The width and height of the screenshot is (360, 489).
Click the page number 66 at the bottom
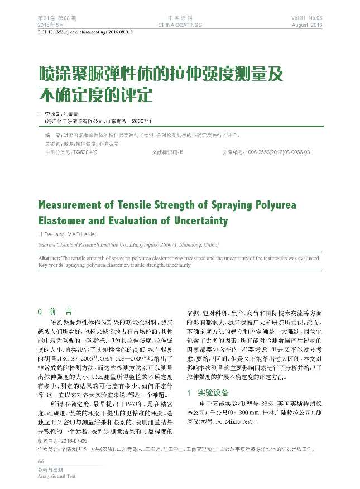[x=41, y=462]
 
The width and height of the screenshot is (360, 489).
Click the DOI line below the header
[x=85, y=33]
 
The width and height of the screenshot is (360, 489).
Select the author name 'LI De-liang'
[x=50, y=233]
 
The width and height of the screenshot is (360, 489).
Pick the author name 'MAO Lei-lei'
[x=84, y=233]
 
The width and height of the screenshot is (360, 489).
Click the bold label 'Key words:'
[x=51, y=265]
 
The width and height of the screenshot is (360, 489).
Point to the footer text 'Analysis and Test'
[x=56, y=477]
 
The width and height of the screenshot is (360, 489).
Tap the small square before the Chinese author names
[x=39, y=113]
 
